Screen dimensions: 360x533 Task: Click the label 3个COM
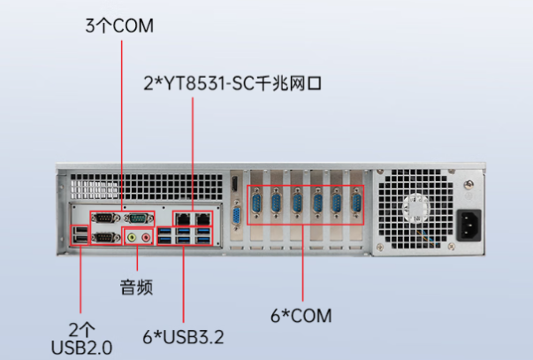[119, 26]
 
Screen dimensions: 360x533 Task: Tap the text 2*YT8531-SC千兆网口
[232, 85]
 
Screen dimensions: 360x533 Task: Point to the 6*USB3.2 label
[183, 336]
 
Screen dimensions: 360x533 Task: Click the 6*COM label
[301, 315]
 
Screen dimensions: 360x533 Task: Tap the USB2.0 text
[82, 346]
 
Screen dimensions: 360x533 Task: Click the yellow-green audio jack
[133, 236]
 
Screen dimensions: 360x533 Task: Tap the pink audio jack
[147, 236]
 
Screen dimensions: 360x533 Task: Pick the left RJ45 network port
[182, 217]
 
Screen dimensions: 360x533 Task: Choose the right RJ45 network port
[203, 217]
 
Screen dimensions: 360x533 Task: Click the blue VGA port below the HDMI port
[237, 218]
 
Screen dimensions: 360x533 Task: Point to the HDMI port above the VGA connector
[236, 186]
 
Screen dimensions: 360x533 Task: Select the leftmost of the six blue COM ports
[256, 205]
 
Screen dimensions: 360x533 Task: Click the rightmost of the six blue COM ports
[357, 205]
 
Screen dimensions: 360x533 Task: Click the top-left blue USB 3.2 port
[165, 233]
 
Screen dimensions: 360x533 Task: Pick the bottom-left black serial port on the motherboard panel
[103, 237]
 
